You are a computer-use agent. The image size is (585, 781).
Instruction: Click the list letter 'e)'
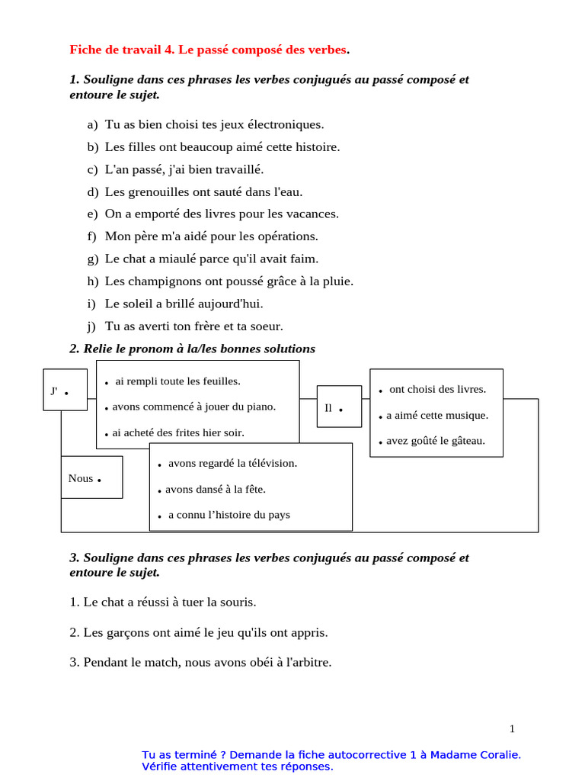(x=93, y=214)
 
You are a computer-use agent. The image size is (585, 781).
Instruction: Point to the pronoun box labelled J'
(x=65, y=390)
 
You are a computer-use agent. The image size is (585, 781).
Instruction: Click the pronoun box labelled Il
(x=338, y=407)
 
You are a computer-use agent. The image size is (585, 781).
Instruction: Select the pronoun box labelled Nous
(x=91, y=478)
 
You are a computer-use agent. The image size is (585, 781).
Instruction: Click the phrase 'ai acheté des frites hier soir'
(x=178, y=432)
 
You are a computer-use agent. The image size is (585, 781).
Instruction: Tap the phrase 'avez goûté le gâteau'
(x=436, y=441)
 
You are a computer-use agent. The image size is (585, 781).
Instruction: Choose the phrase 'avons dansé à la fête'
(x=216, y=489)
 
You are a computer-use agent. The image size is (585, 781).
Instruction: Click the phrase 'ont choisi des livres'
(x=437, y=389)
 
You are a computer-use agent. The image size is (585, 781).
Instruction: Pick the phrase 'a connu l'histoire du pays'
(x=229, y=515)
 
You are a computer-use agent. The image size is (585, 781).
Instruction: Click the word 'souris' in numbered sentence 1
(x=238, y=603)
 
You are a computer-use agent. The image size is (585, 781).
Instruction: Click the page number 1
(x=512, y=728)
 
